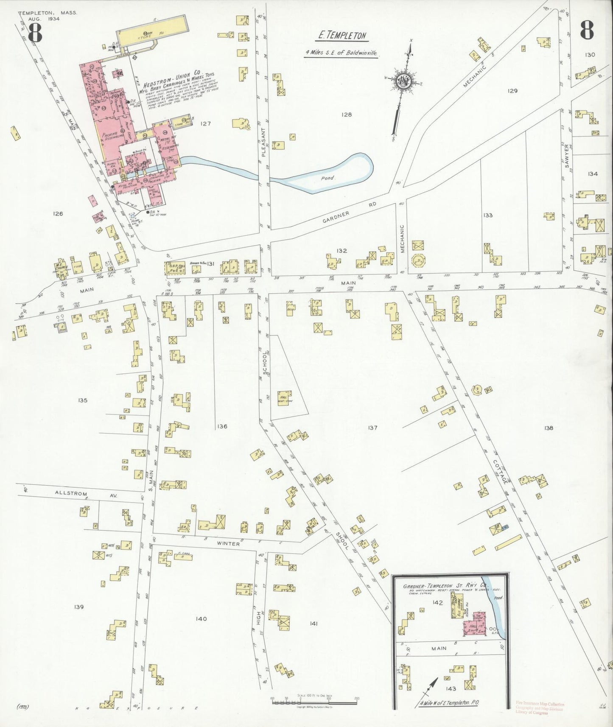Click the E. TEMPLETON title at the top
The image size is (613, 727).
pos(342,36)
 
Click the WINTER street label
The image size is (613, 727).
pos(229,543)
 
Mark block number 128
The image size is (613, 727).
pos(347,114)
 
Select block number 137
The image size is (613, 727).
pos(372,428)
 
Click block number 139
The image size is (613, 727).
pos(79,607)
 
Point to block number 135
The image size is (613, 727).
pos(83,400)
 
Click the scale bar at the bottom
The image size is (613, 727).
pos(314,702)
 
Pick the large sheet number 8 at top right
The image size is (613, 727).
pos(586,31)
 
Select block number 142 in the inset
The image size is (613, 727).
pos(437,602)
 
